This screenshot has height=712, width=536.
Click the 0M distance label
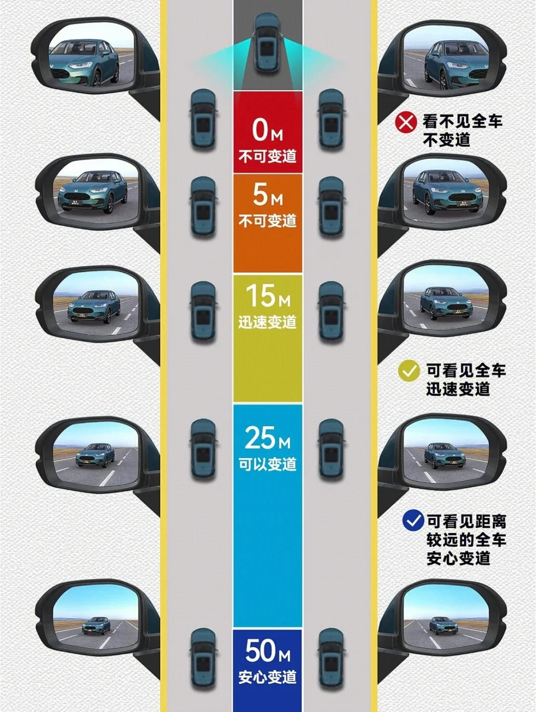click(x=267, y=130)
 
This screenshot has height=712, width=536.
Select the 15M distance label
click(x=268, y=296)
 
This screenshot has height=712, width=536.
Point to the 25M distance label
click(x=268, y=438)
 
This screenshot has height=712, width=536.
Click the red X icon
click(x=405, y=122)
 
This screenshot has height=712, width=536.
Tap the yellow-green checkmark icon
click(x=409, y=371)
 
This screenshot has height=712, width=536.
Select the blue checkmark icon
click(x=413, y=521)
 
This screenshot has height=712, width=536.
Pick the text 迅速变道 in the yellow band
click(x=268, y=322)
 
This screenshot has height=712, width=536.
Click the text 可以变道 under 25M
click(x=268, y=464)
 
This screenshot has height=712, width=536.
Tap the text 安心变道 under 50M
click(x=268, y=677)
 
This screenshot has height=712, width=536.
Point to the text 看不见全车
click(x=463, y=121)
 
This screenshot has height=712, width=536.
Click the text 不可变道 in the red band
click(x=268, y=157)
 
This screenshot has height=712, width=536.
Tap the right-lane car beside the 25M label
click(x=331, y=449)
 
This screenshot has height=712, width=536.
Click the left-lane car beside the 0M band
click(x=203, y=119)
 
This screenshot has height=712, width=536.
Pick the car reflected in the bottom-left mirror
click(x=96, y=626)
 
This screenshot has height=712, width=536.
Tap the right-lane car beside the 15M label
click(x=331, y=311)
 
